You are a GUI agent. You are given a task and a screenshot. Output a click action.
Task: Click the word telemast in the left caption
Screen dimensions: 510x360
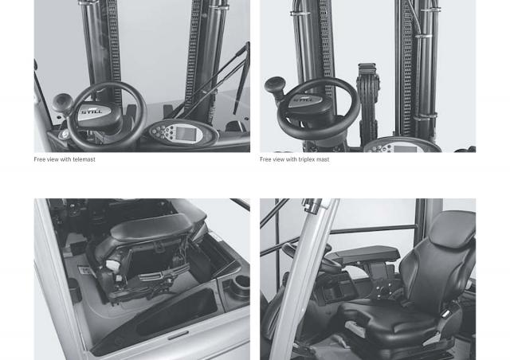[x=84, y=159]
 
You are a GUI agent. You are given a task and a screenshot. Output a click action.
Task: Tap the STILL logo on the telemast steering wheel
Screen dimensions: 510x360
[x=92, y=112]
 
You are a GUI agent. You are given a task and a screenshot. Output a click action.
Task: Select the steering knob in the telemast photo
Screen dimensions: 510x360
[x=62, y=102]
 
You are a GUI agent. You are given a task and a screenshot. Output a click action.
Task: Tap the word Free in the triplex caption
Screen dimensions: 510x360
[x=265, y=159]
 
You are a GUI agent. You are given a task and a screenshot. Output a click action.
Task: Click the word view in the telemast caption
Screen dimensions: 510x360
[x=53, y=159]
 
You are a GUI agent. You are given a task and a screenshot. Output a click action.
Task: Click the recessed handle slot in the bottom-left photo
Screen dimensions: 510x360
[x=178, y=335]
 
